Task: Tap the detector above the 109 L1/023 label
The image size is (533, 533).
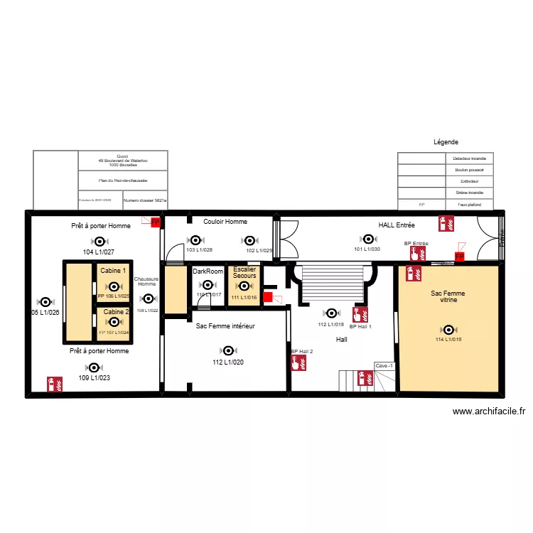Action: click(x=93, y=367)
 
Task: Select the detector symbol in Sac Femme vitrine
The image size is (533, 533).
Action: click(x=448, y=329)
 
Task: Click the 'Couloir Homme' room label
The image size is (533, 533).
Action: click(x=225, y=222)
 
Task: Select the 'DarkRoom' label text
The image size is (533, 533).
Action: click(x=208, y=271)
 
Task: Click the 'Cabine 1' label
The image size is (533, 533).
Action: click(x=114, y=271)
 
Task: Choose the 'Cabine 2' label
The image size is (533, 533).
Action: click(x=117, y=312)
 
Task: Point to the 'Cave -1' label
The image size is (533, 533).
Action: click(x=384, y=366)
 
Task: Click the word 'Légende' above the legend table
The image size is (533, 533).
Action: click(x=446, y=142)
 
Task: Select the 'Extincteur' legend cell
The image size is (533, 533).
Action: click(x=469, y=181)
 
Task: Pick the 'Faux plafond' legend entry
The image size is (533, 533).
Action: click(x=469, y=204)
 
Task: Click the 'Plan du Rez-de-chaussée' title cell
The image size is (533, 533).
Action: click(x=123, y=181)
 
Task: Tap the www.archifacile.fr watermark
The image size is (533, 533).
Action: click(x=488, y=411)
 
